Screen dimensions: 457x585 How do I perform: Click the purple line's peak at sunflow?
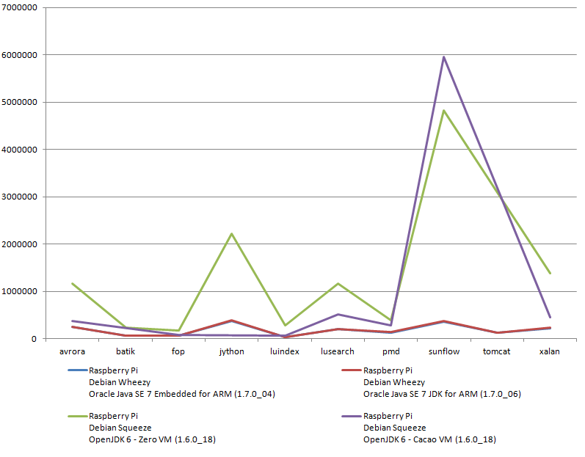[x=443, y=57]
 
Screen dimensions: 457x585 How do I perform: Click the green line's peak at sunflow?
[x=443, y=111]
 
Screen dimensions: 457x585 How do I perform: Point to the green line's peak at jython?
[x=231, y=234]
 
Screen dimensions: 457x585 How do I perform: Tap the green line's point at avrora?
[x=73, y=283]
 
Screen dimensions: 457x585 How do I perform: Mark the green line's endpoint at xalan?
[x=550, y=273]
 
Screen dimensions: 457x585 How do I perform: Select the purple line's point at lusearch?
[x=338, y=315]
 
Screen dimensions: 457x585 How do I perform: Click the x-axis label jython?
[x=231, y=351]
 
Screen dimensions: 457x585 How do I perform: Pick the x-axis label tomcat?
[x=496, y=351]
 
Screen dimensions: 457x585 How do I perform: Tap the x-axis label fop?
[x=178, y=351]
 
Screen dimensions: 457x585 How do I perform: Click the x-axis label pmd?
[x=390, y=351]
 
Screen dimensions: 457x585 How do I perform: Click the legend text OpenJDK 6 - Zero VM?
[x=152, y=439]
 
